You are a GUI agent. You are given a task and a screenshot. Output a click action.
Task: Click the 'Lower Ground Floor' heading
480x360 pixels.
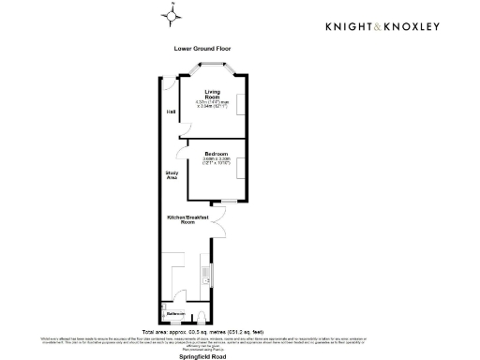[x=202, y=48]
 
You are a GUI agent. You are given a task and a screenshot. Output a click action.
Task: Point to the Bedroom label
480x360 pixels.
[x=217, y=152]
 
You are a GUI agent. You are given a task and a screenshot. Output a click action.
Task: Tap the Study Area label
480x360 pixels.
[x=172, y=174]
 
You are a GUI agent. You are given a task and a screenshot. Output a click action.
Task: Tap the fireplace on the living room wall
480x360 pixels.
[x=244, y=104]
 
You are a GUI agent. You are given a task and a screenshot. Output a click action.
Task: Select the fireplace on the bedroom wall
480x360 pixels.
[x=244, y=170]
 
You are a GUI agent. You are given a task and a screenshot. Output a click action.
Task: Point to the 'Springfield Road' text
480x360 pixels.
[x=202, y=355]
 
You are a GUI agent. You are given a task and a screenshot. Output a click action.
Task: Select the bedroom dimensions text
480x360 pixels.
[x=217, y=161]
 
